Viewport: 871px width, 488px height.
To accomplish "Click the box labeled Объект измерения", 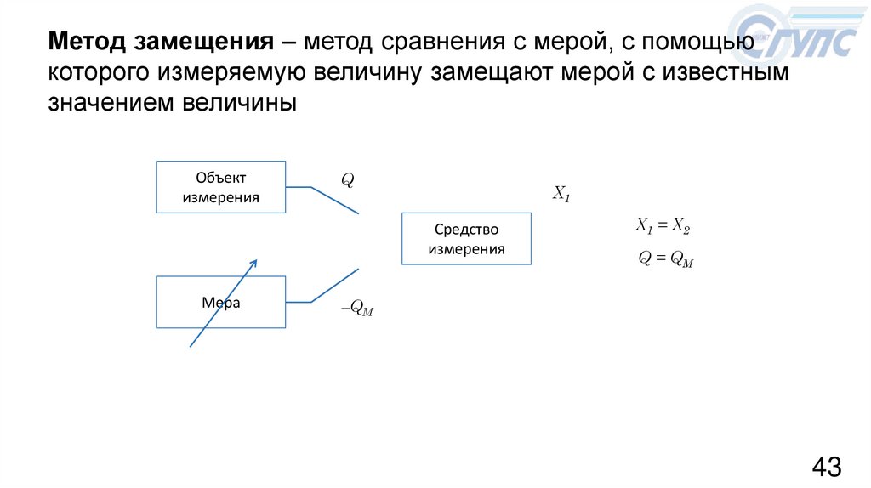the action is (221, 187).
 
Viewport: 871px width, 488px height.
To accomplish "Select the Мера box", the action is (221, 302).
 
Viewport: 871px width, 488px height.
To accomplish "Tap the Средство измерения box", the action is (466, 239).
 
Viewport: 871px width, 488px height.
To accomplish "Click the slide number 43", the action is (827, 467).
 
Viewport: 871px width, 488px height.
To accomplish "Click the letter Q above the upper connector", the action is (347, 180).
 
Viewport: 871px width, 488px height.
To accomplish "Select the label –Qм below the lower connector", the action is (357, 310).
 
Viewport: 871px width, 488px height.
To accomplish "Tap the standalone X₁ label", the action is (561, 194).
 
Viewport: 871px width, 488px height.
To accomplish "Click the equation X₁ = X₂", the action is (663, 225).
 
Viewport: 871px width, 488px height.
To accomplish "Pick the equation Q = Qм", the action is (666, 260).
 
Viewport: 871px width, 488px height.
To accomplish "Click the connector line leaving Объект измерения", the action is (333, 201).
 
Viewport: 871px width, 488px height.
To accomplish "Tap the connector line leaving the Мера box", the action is (333, 287).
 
